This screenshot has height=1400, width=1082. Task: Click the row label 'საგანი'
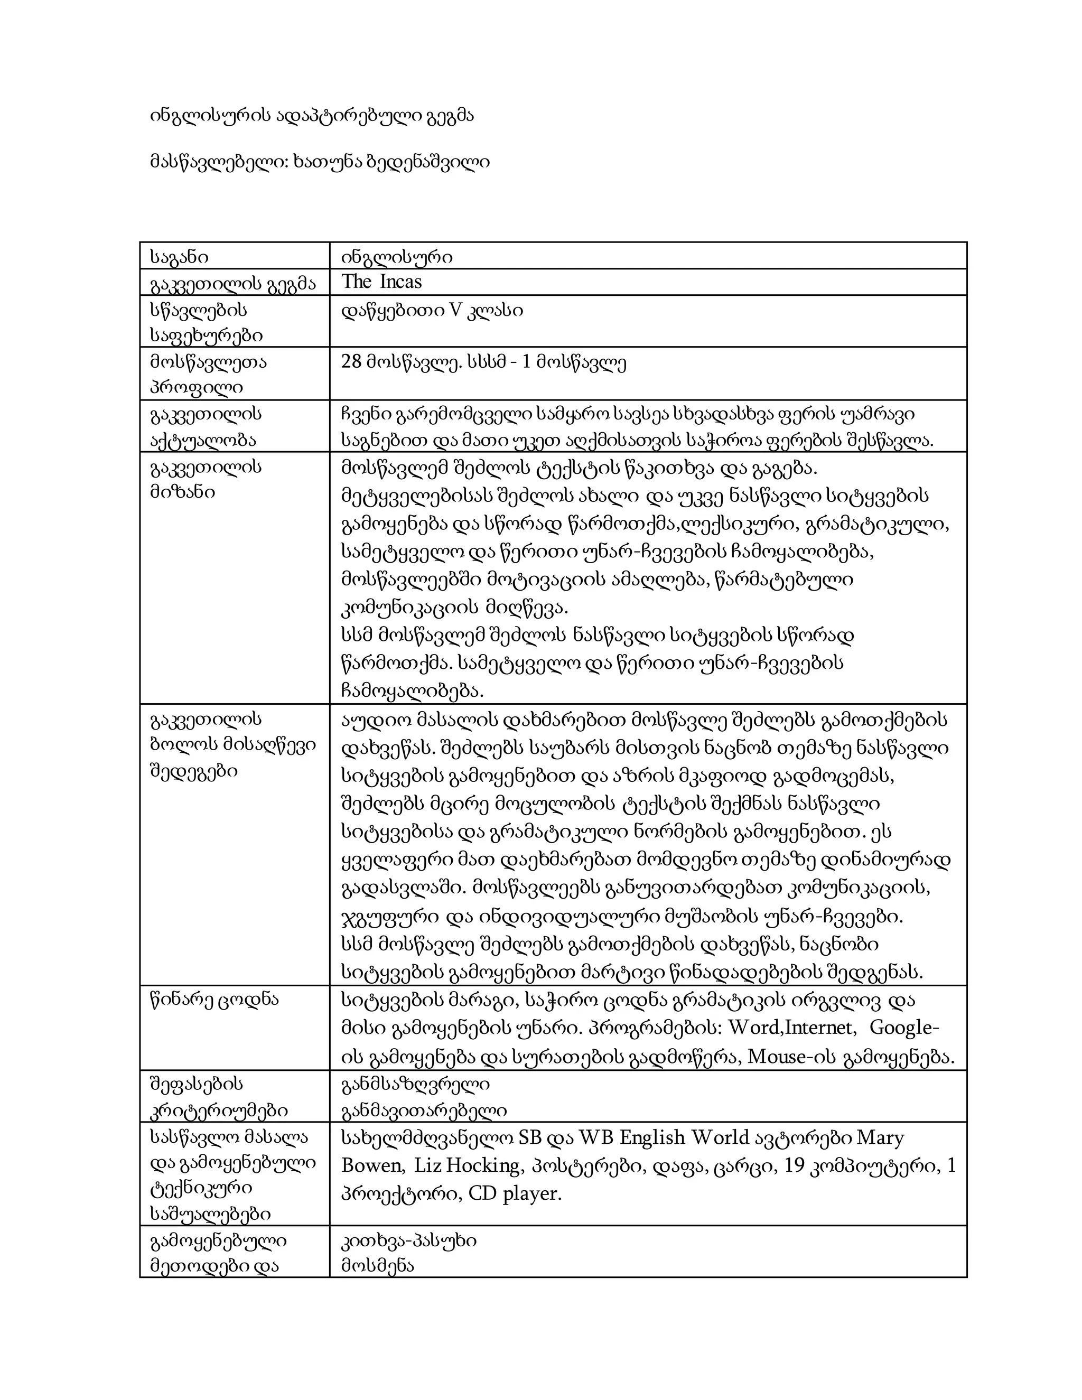[180, 257]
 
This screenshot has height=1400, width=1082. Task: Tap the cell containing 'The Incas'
[381, 282]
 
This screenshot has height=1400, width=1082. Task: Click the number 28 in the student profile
[352, 362]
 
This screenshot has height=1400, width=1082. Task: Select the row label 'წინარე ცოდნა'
[214, 1000]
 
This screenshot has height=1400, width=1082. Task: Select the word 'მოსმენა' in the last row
[378, 1266]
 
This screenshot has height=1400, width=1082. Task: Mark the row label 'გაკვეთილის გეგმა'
[232, 283]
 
